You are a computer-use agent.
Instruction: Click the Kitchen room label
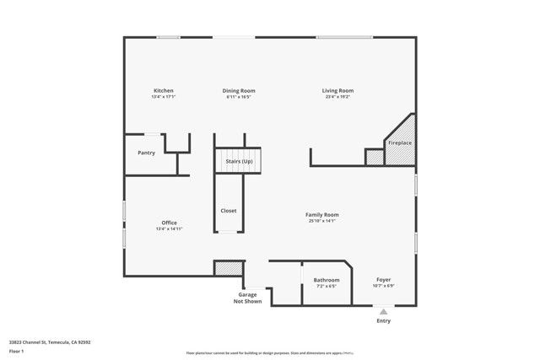pyautogui.click(x=163, y=90)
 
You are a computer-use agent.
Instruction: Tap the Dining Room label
pyautogui.click(x=239, y=90)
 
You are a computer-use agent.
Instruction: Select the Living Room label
pyautogui.click(x=337, y=90)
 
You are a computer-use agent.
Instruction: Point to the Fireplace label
pyautogui.click(x=399, y=143)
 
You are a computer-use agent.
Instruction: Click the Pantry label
pyautogui.click(x=147, y=153)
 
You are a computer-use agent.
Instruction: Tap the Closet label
pyautogui.click(x=229, y=210)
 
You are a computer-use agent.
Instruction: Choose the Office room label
pyautogui.click(x=169, y=223)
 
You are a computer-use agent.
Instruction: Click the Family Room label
pyautogui.click(x=321, y=214)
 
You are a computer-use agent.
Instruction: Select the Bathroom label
pyautogui.click(x=327, y=280)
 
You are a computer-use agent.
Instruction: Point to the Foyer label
pyautogui.click(x=383, y=280)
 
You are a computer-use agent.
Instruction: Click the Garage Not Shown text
pyautogui.click(x=248, y=298)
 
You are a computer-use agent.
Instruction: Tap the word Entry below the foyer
pyautogui.click(x=384, y=320)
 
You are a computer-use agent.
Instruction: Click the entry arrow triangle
pyautogui.click(x=384, y=311)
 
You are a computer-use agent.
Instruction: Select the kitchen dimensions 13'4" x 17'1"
pyautogui.click(x=163, y=97)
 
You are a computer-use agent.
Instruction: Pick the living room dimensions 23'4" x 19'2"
pyautogui.click(x=337, y=97)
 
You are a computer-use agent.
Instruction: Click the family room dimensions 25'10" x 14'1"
pyautogui.click(x=321, y=221)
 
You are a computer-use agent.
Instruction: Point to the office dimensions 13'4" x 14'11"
pyautogui.click(x=169, y=229)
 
